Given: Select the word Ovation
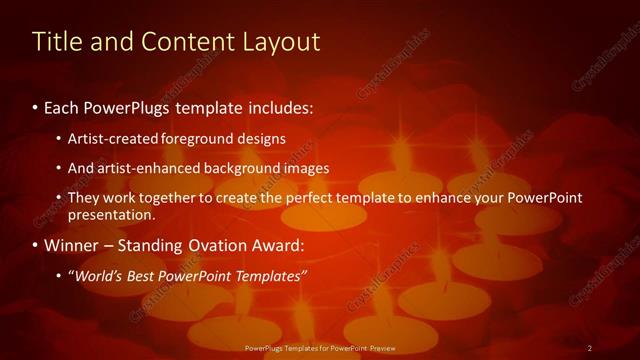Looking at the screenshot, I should pos(212,245).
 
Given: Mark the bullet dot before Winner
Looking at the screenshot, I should pos(36,245).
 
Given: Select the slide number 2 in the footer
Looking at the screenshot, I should pos(590,347).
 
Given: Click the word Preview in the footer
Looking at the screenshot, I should pos(379,347).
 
